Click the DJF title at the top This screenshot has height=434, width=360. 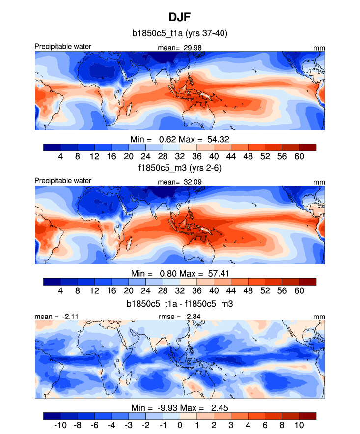[180, 18]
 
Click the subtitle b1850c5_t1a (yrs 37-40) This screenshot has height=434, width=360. [180, 34]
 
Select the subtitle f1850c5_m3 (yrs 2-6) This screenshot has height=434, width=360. [180, 167]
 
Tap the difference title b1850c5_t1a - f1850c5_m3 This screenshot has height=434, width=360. [180, 304]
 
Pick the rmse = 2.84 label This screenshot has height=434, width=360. [180, 317]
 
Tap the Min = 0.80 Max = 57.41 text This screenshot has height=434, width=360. [180, 273]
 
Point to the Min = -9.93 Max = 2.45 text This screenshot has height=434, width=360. [180, 407]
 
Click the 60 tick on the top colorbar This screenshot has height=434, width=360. [299, 156]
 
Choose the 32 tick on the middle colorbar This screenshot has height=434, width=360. [180, 290]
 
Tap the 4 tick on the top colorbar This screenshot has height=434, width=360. [60, 156]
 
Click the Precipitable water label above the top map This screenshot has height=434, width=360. [63, 47]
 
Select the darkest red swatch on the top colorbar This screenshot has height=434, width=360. [307, 146]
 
